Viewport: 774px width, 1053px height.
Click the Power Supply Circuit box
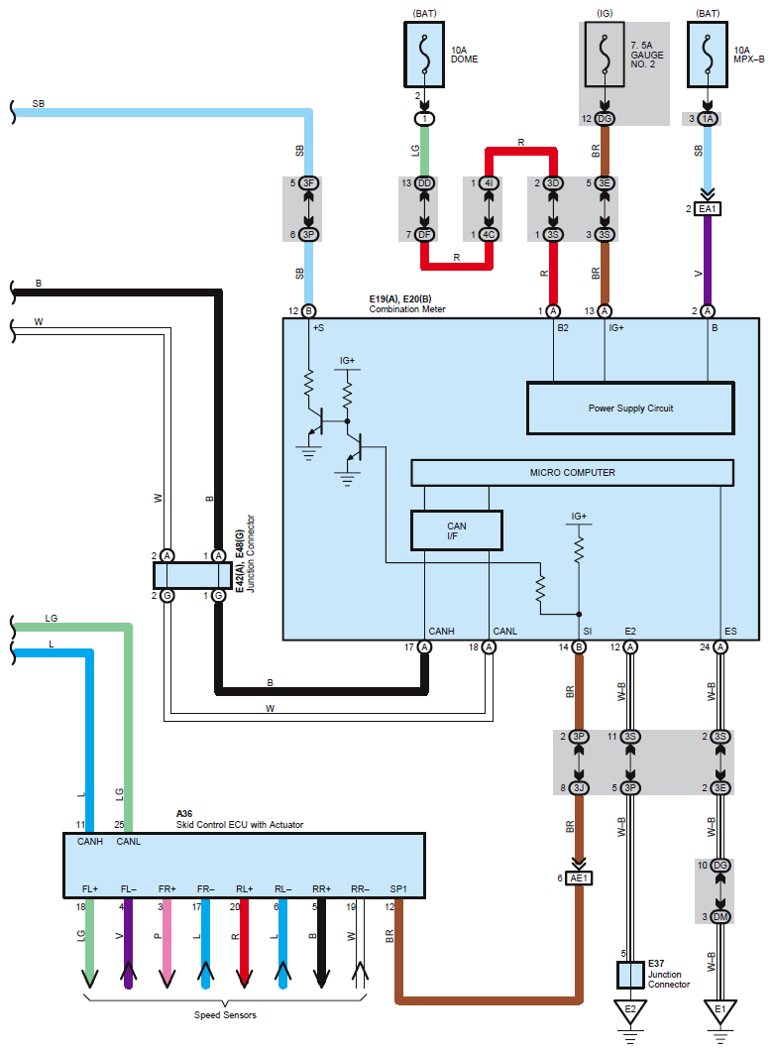pyautogui.click(x=629, y=408)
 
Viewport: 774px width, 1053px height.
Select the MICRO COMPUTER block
pyautogui.click(x=572, y=473)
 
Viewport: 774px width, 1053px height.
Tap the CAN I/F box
pyautogui.click(x=456, y=530)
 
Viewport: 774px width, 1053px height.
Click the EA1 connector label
pyautogui.click(x=708, y=209)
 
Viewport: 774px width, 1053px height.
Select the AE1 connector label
pyautogui.click(x=579, y=877)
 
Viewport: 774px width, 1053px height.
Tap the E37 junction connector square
pyautogui.click(x=630, y=975)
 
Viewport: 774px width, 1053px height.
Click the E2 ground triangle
pyautogui.click(x=630, y=1012)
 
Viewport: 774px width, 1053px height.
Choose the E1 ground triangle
pyautogui.click(x=720, y=1012)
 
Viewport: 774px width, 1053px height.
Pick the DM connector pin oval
pyautogui.click(x=720, y=916)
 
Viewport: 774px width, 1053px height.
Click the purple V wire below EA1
pyautogui.click(x=708, y=258)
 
